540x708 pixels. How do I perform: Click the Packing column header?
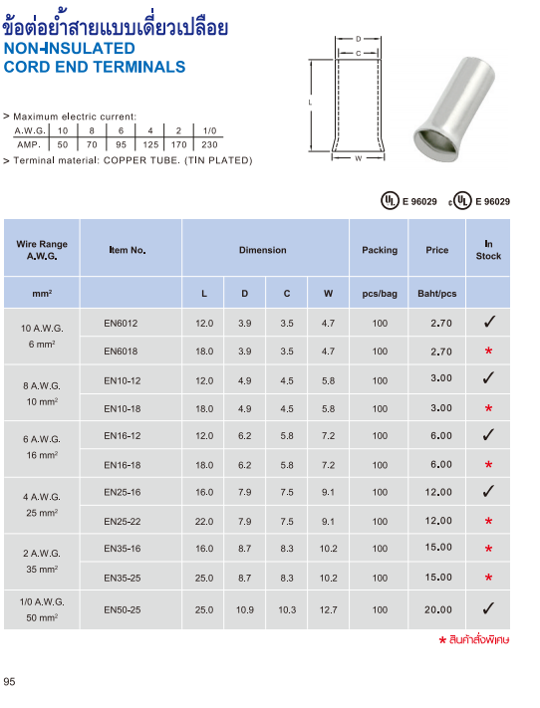pos(379,250)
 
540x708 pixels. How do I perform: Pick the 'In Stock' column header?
pos(488,250)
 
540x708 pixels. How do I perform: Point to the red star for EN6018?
pos(488,352)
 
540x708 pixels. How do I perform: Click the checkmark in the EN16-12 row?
pos(488,435)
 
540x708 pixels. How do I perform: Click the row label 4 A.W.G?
pos(41,496)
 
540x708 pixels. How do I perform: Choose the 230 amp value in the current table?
pos(210,144)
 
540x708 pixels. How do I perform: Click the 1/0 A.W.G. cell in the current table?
pos(210,130)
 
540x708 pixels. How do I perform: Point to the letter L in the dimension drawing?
pos(311,103)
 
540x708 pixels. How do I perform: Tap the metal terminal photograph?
pos(453,100)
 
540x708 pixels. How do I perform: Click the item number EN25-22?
pos(124,521)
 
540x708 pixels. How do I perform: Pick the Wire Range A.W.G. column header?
pos(41,250)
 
